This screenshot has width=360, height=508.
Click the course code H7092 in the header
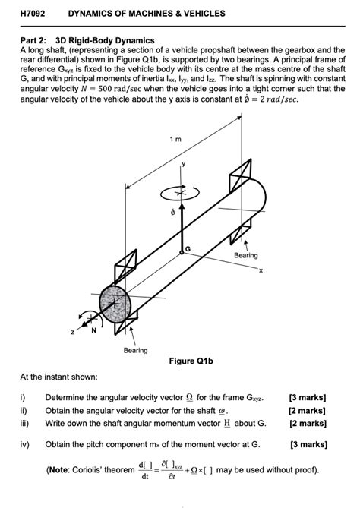(x=31, y=14)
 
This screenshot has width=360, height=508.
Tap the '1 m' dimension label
(x=176, y=140)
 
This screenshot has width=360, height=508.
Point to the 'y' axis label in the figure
(x=182, y=163)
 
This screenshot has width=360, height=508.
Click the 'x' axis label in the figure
(x=260, y=271)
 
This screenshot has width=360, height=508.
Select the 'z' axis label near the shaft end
(x=73, y=333)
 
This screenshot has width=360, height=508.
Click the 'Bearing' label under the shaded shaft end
(x=136, y=350)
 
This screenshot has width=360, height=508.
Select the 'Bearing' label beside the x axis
(x=245, y=255)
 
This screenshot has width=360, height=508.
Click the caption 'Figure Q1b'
(x=190, y=361)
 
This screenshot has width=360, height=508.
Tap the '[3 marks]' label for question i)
(x=308, y=397)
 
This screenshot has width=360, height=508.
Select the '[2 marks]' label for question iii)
(x=308, y=423)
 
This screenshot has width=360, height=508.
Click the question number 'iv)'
(x=26, y=444)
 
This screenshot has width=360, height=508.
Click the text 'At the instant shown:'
(x=58, y=377)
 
